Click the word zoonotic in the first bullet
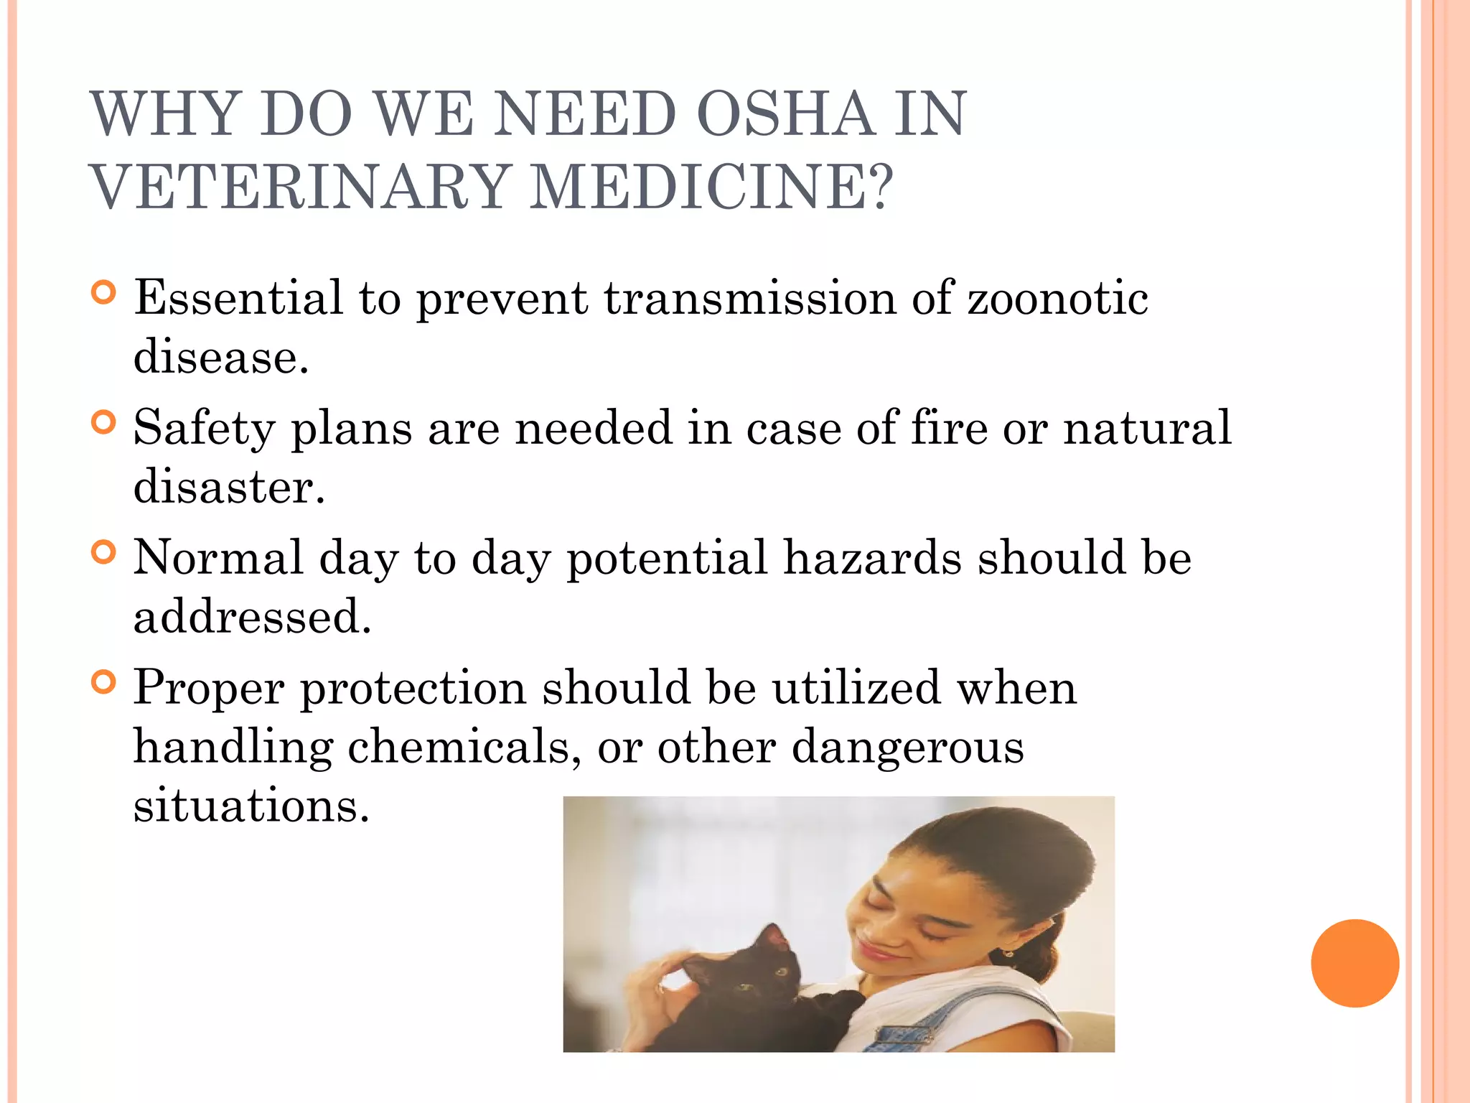pos(1058,297)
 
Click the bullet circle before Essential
pos(104,292)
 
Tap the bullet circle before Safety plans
pos(104,422)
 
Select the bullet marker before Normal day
pos(104,552)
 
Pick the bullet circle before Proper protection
pos(104,682)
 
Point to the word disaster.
pos(228,487)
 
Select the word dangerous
pos(907,747)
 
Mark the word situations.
pos(251,806)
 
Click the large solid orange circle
pos(1354,963)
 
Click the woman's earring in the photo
pos(1008,954)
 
